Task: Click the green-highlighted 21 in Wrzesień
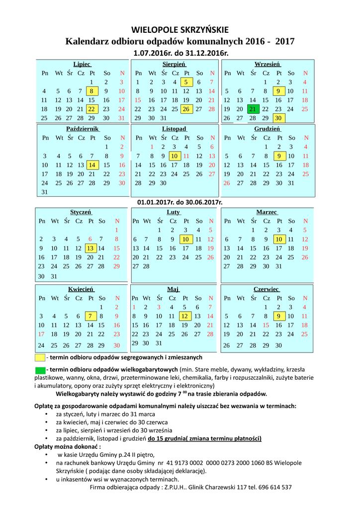(x=253, y=109)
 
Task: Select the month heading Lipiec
(x=82, y=64)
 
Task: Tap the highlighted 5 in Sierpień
(x=186, y=82)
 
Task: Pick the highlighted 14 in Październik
(x=92, y=165)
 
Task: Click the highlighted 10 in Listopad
(x=174, y=156)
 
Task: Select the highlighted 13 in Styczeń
(x=90, y=248)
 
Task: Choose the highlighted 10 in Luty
(x=185, y=239)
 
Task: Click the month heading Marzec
(x=267, y=212)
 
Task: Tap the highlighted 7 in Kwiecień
(x=90, y=316)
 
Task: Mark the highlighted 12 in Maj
(x=184, y=316)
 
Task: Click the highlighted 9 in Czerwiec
(x=278, y=316)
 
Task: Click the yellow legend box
(x=40, y=357)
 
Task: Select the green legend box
(x=40, y=370)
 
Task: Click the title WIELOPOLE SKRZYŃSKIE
(x=180, y=30)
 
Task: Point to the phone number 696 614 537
(x=274, y=487)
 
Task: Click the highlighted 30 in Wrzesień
(x=278, y=118)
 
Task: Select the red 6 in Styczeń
(x=90, y=239)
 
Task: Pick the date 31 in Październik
(x=45, y=192)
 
